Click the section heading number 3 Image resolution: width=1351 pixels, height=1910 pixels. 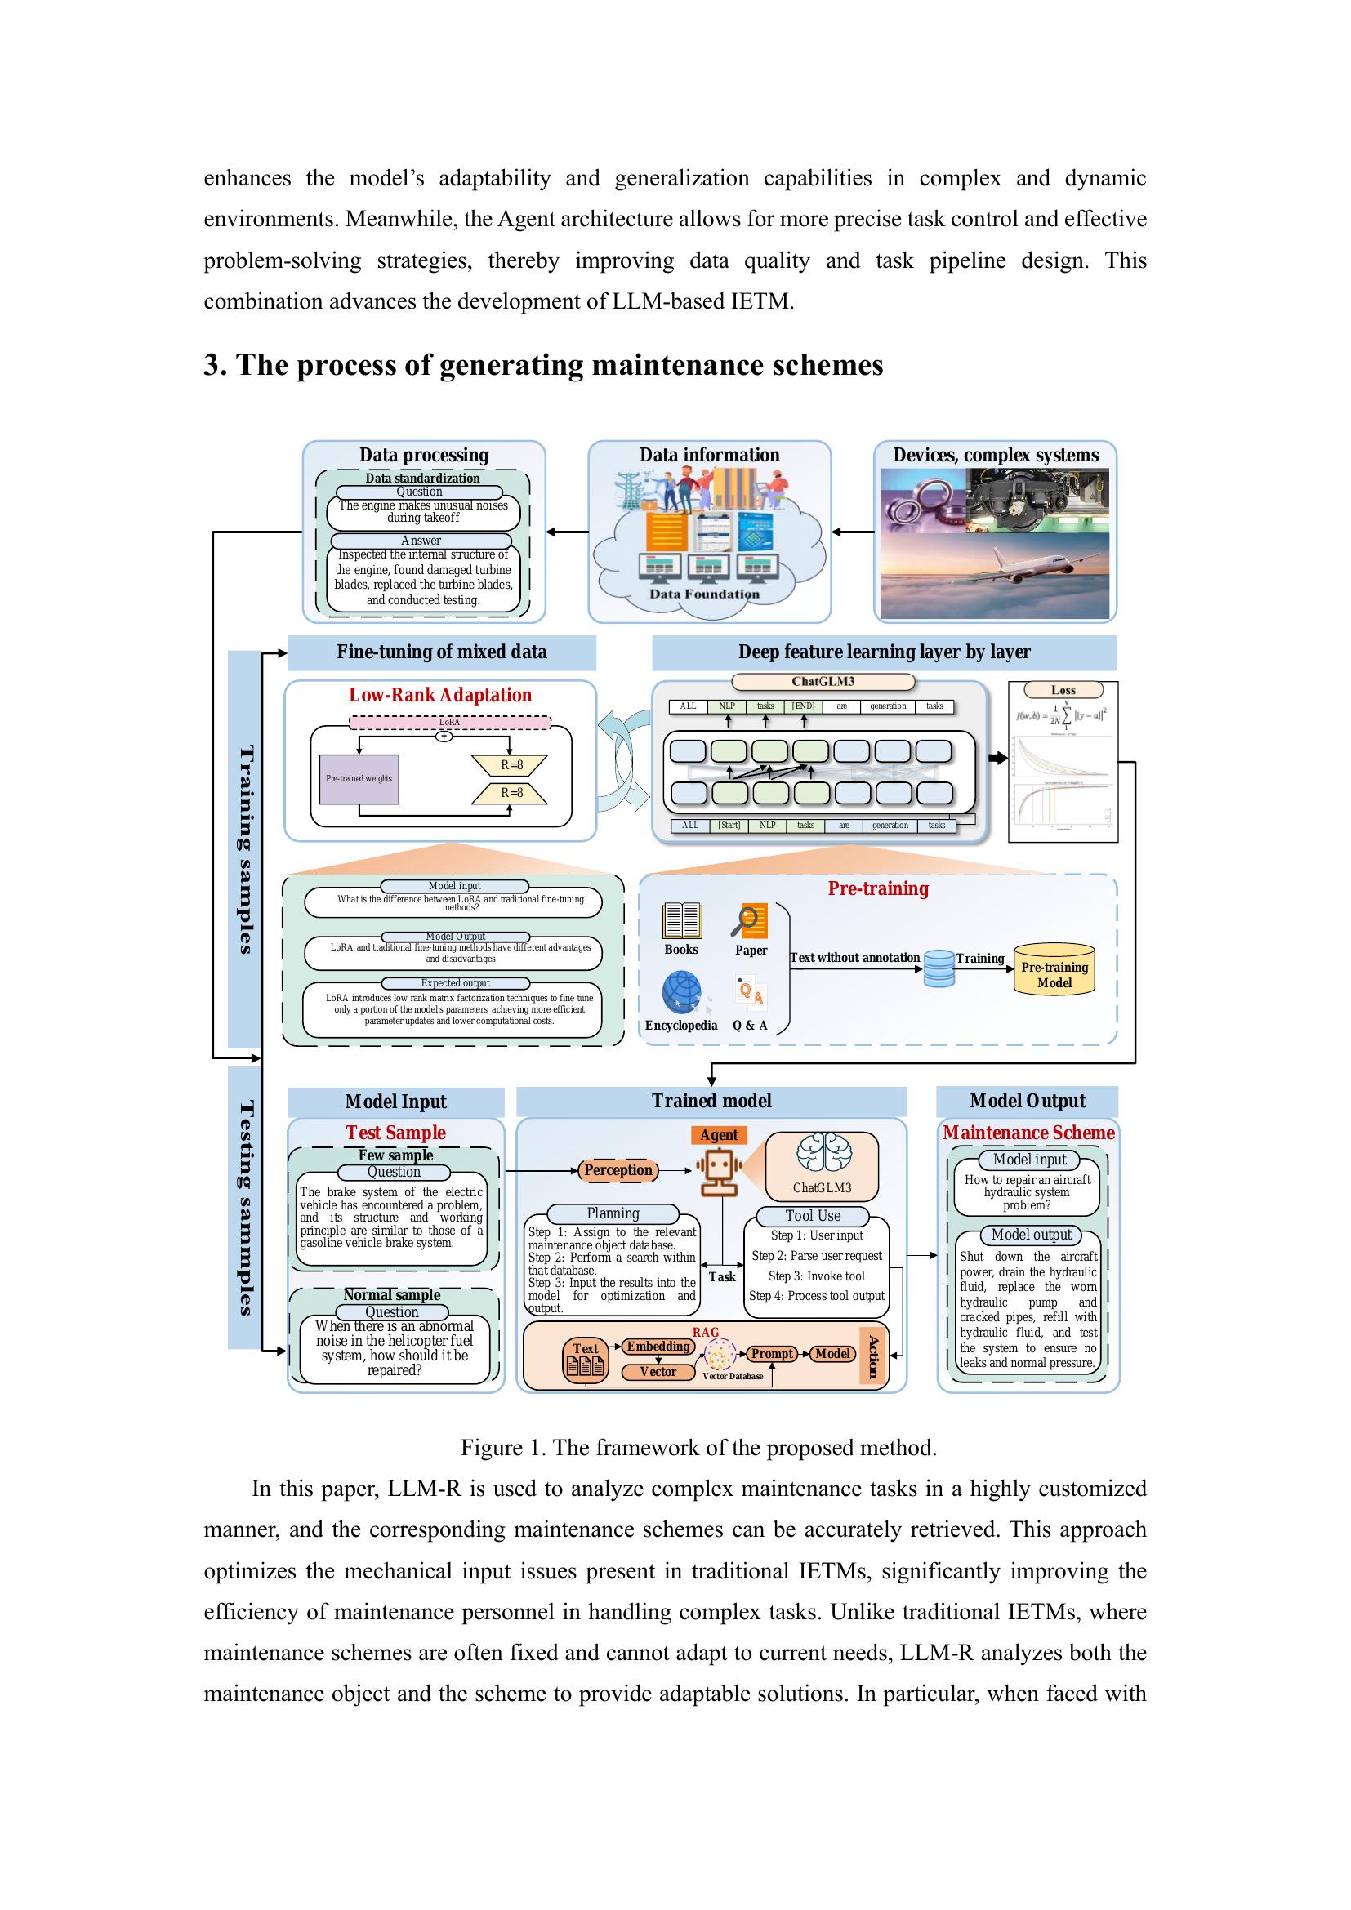[x=213, y=365]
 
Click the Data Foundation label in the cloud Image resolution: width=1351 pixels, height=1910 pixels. [x=704, y=594]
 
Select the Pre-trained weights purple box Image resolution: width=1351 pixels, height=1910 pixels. [x=359, y=779]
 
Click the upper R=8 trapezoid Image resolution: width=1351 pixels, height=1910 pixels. [x=510, y=764]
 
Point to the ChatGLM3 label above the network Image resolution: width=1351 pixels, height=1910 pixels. [x=822, y=681]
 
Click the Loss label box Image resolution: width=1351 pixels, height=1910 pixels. [x=1063, y=690]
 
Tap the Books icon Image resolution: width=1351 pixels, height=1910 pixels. [x=681, y=921]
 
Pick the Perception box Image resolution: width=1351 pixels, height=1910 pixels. [x=618, y=1169]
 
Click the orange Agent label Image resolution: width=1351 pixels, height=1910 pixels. [x=718, y=1135]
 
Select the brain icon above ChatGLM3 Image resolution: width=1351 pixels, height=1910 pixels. [x=822, y=1155]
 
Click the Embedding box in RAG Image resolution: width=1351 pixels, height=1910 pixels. [x=658, y=1346]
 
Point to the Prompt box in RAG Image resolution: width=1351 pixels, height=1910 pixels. [x=772, y=1353]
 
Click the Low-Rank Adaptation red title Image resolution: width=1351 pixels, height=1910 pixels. [x=439, y=695]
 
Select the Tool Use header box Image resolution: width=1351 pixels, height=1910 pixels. [x=812, y=1215]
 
